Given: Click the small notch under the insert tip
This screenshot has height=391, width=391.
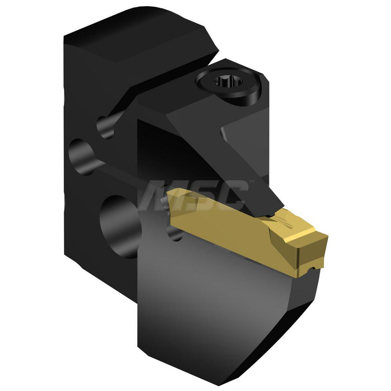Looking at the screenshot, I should tap(312, 269).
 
